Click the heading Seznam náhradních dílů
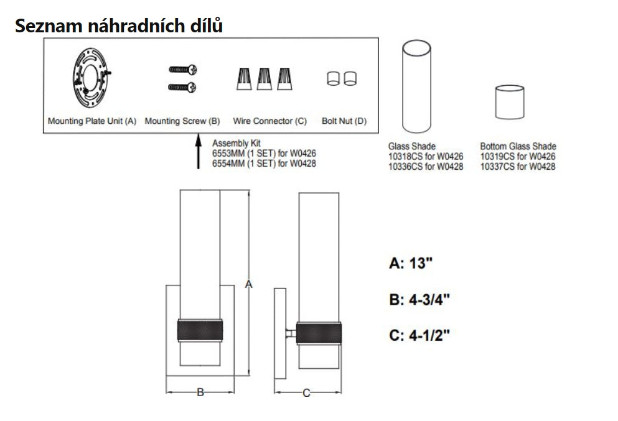tap(119, 26)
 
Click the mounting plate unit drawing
tap(91, 78)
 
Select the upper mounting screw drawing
tap(183, 70)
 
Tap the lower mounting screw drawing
tap(182, 87)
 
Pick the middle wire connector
tap(264, 79)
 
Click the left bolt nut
tap(333, 78)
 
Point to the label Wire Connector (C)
tap(270, 121)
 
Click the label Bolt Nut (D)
tap(344, 121)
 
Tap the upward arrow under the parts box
tap(199, 152)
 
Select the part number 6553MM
tap(228, 153)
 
